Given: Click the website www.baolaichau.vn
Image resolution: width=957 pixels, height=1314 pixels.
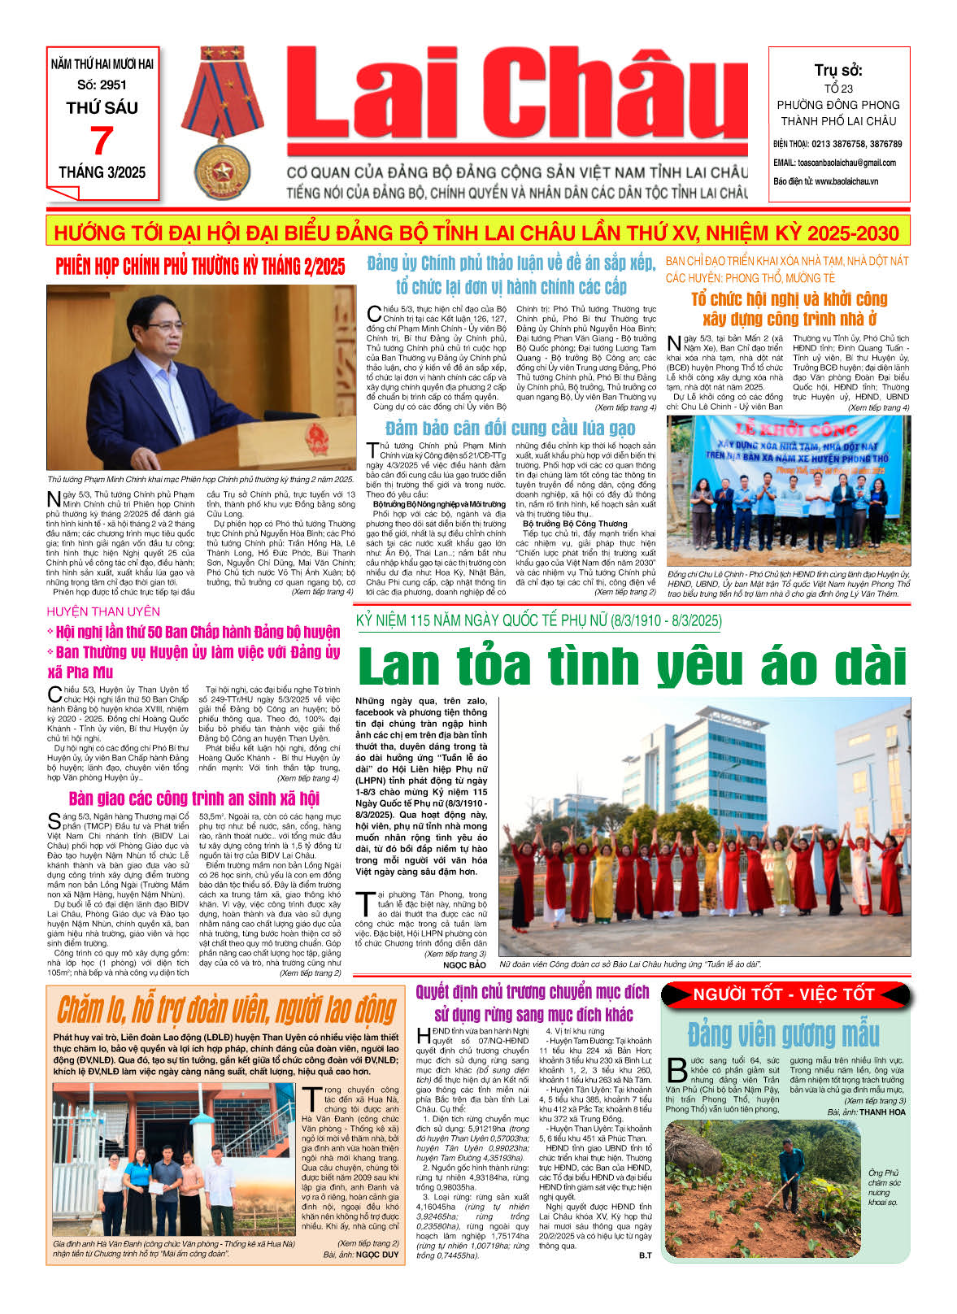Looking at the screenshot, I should click(x=846, y=181).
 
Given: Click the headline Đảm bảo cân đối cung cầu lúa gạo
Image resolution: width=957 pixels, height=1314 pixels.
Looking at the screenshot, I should click(x=510, y=429).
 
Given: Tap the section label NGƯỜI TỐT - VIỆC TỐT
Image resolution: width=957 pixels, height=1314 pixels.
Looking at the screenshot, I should click(x=783, y=994).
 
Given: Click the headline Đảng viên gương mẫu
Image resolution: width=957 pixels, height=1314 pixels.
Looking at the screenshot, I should click(x=783, y=1034).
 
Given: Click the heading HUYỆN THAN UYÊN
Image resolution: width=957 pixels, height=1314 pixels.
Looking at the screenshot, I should click(x=103, y=611).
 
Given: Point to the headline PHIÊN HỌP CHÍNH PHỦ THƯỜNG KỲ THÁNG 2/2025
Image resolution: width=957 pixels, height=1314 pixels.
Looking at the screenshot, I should click(x=200, y=266).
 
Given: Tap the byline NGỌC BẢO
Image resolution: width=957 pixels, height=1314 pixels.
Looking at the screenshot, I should click(x=464, y=965).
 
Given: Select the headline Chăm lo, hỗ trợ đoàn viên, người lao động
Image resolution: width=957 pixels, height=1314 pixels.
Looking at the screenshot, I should click(x=226, y=1010).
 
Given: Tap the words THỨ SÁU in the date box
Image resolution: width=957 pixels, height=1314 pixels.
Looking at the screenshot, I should click(x=102, y=107).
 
